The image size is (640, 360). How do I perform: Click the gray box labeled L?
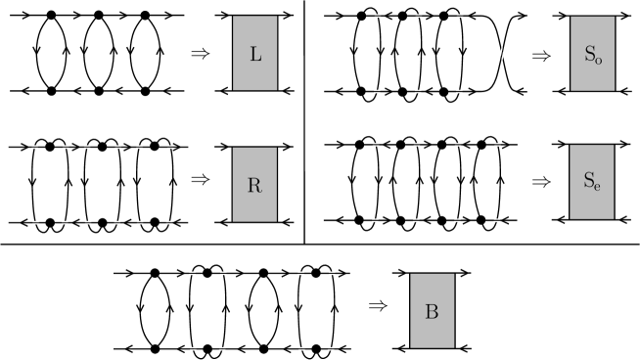(254, 53)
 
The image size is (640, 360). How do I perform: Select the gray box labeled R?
(254, 184)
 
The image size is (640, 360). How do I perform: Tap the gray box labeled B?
(432, 310)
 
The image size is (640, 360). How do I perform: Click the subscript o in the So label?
(599, 59)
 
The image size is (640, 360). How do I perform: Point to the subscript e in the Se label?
(598, 185)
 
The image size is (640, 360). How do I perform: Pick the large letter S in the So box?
(589, 54)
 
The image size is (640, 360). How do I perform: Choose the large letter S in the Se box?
(589, 180)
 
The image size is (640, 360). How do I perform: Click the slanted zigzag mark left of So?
(502, 54)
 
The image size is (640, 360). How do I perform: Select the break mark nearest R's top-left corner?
(170, 148)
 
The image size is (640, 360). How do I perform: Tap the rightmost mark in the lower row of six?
(169, 223)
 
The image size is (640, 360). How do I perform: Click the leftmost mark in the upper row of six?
(35, 148)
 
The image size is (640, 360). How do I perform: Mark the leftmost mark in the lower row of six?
(36, 223)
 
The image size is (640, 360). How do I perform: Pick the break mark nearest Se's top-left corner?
(497, 145)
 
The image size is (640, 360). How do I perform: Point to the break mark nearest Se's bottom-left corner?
(497, 221)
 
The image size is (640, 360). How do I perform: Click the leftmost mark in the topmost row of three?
(378, 17)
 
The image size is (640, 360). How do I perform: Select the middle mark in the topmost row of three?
(419, 17)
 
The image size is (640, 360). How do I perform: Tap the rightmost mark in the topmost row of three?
(460, 17)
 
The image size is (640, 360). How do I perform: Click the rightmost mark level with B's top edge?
(332, 274)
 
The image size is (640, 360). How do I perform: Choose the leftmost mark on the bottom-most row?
(193, 348)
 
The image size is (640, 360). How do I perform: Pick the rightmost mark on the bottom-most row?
(331, 348)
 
